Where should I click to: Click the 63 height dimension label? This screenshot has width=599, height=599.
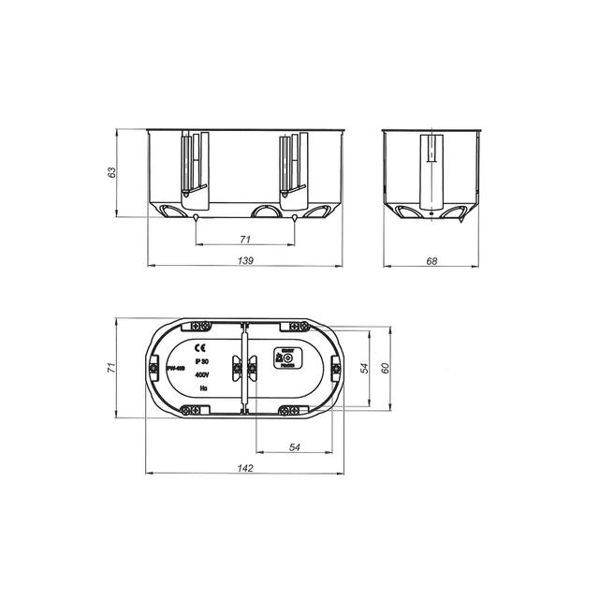point(112,172)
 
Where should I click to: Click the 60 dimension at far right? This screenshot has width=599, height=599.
point(385,367)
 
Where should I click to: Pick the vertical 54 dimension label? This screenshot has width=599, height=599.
point(365,367)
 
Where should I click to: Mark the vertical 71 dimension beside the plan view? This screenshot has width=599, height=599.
point(111,368)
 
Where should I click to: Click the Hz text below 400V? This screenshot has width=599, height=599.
point(199,386)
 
